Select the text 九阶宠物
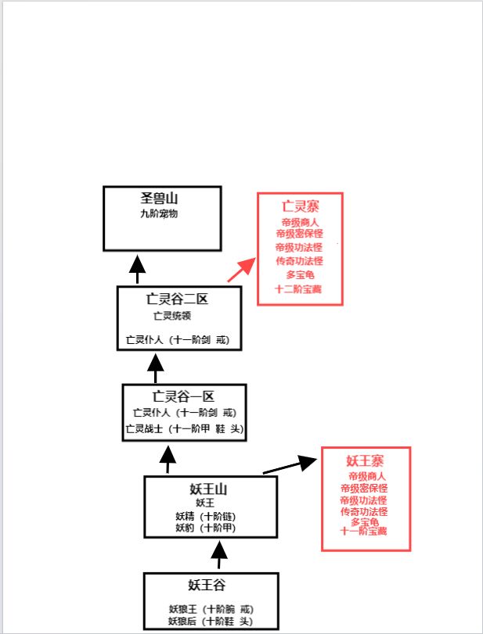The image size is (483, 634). point(160,213)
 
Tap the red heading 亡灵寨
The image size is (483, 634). point(300,206)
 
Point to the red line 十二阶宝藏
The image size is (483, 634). point(299,289)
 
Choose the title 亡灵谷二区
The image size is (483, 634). point(177,299)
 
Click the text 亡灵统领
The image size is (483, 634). point(172,316)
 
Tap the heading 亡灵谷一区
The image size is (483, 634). point(182,396)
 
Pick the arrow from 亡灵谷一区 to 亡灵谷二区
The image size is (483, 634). point(156,367)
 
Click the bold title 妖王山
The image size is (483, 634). point(208,489)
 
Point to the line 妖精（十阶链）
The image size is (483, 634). point(206,516)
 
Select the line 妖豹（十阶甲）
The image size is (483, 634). point(206,528)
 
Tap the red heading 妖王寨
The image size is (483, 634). point(366,460)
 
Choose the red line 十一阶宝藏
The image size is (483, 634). point(364,532)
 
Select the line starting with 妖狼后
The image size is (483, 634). point(211,621)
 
